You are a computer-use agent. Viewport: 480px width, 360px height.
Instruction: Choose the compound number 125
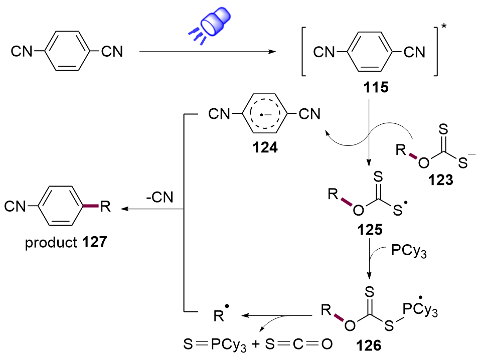tap(370, 231)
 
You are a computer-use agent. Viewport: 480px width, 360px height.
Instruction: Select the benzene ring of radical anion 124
tap(263, 115)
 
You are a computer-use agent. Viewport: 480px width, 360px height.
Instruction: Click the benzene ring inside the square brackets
tap(369, 52)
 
